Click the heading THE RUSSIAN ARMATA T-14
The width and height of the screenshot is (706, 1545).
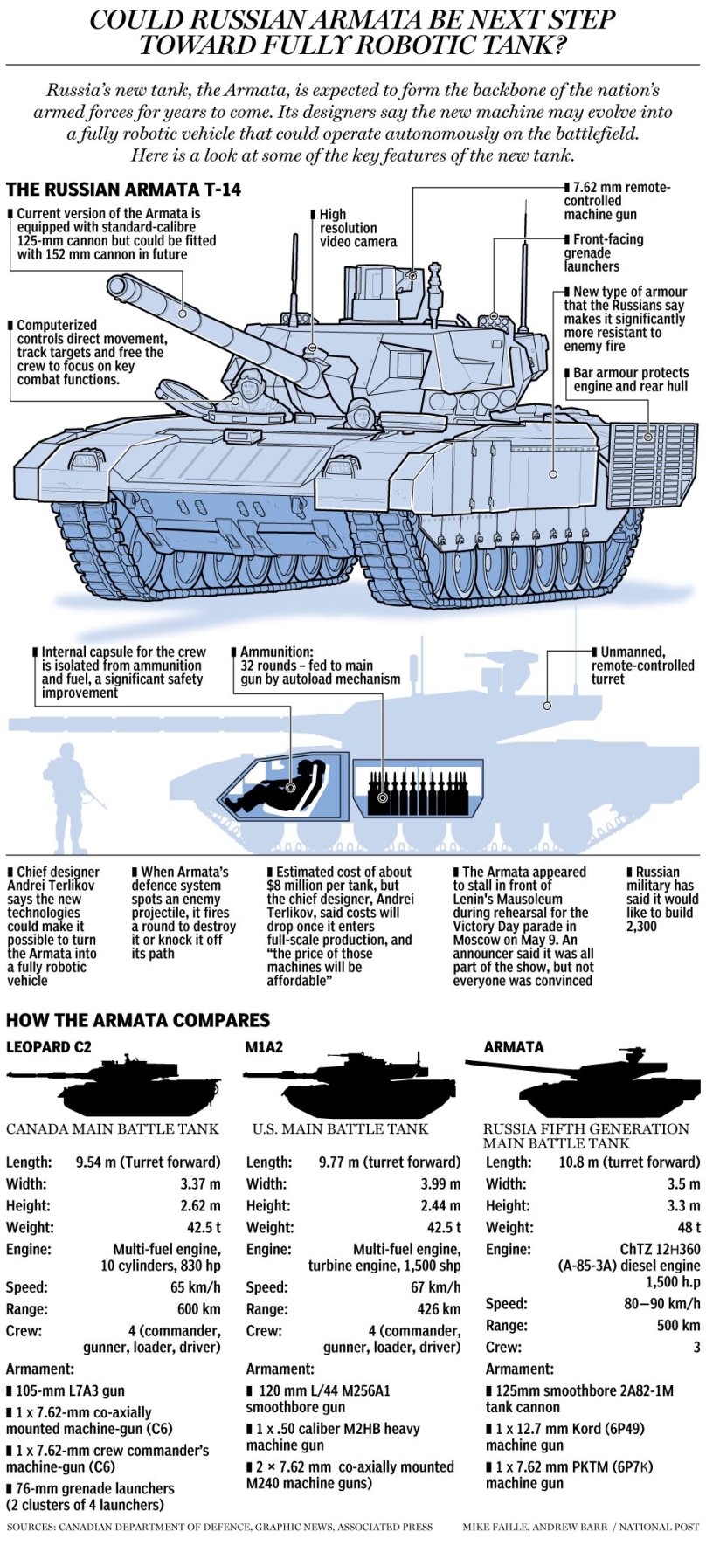point(123,190)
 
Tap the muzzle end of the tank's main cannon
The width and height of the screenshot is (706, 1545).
point(118,286)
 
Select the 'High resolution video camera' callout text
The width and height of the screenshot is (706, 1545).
point(356,228)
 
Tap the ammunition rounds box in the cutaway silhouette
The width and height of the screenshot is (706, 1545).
point(418,788)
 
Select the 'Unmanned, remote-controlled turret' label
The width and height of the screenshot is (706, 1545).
point(642,666)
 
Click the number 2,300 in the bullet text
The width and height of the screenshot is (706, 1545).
point(641,927)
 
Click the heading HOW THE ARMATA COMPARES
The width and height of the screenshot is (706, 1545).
point(138,1020)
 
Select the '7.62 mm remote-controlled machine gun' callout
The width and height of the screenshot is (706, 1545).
point(616,201)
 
